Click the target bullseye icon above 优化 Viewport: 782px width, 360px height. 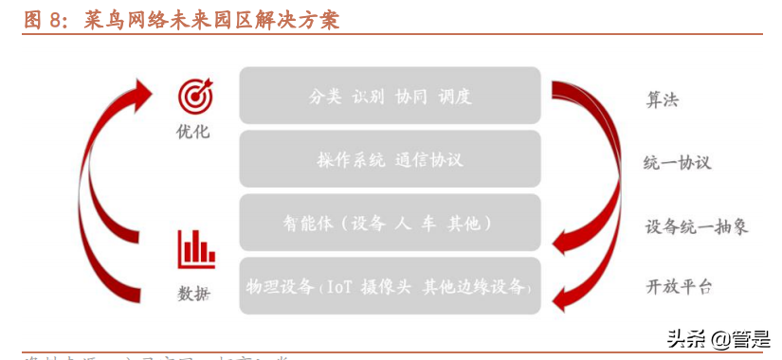pyautogui.click(x=195, y=97)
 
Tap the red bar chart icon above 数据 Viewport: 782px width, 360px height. pyautogui.click(x=195, y=248)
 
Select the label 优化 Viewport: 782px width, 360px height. pyautogui.click(x=193, y=131)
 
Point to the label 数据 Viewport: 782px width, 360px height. pyautogui.click(x=194, y=294)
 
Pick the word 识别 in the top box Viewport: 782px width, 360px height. pyautogui.click(x=369, y=96)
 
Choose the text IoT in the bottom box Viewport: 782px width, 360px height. pyautogui.click(x=340, y=287)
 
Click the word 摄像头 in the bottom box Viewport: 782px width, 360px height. pyautogui.click(x=387, y=287)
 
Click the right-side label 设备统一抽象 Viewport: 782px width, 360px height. pyautogui.click(x=697, y=226)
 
